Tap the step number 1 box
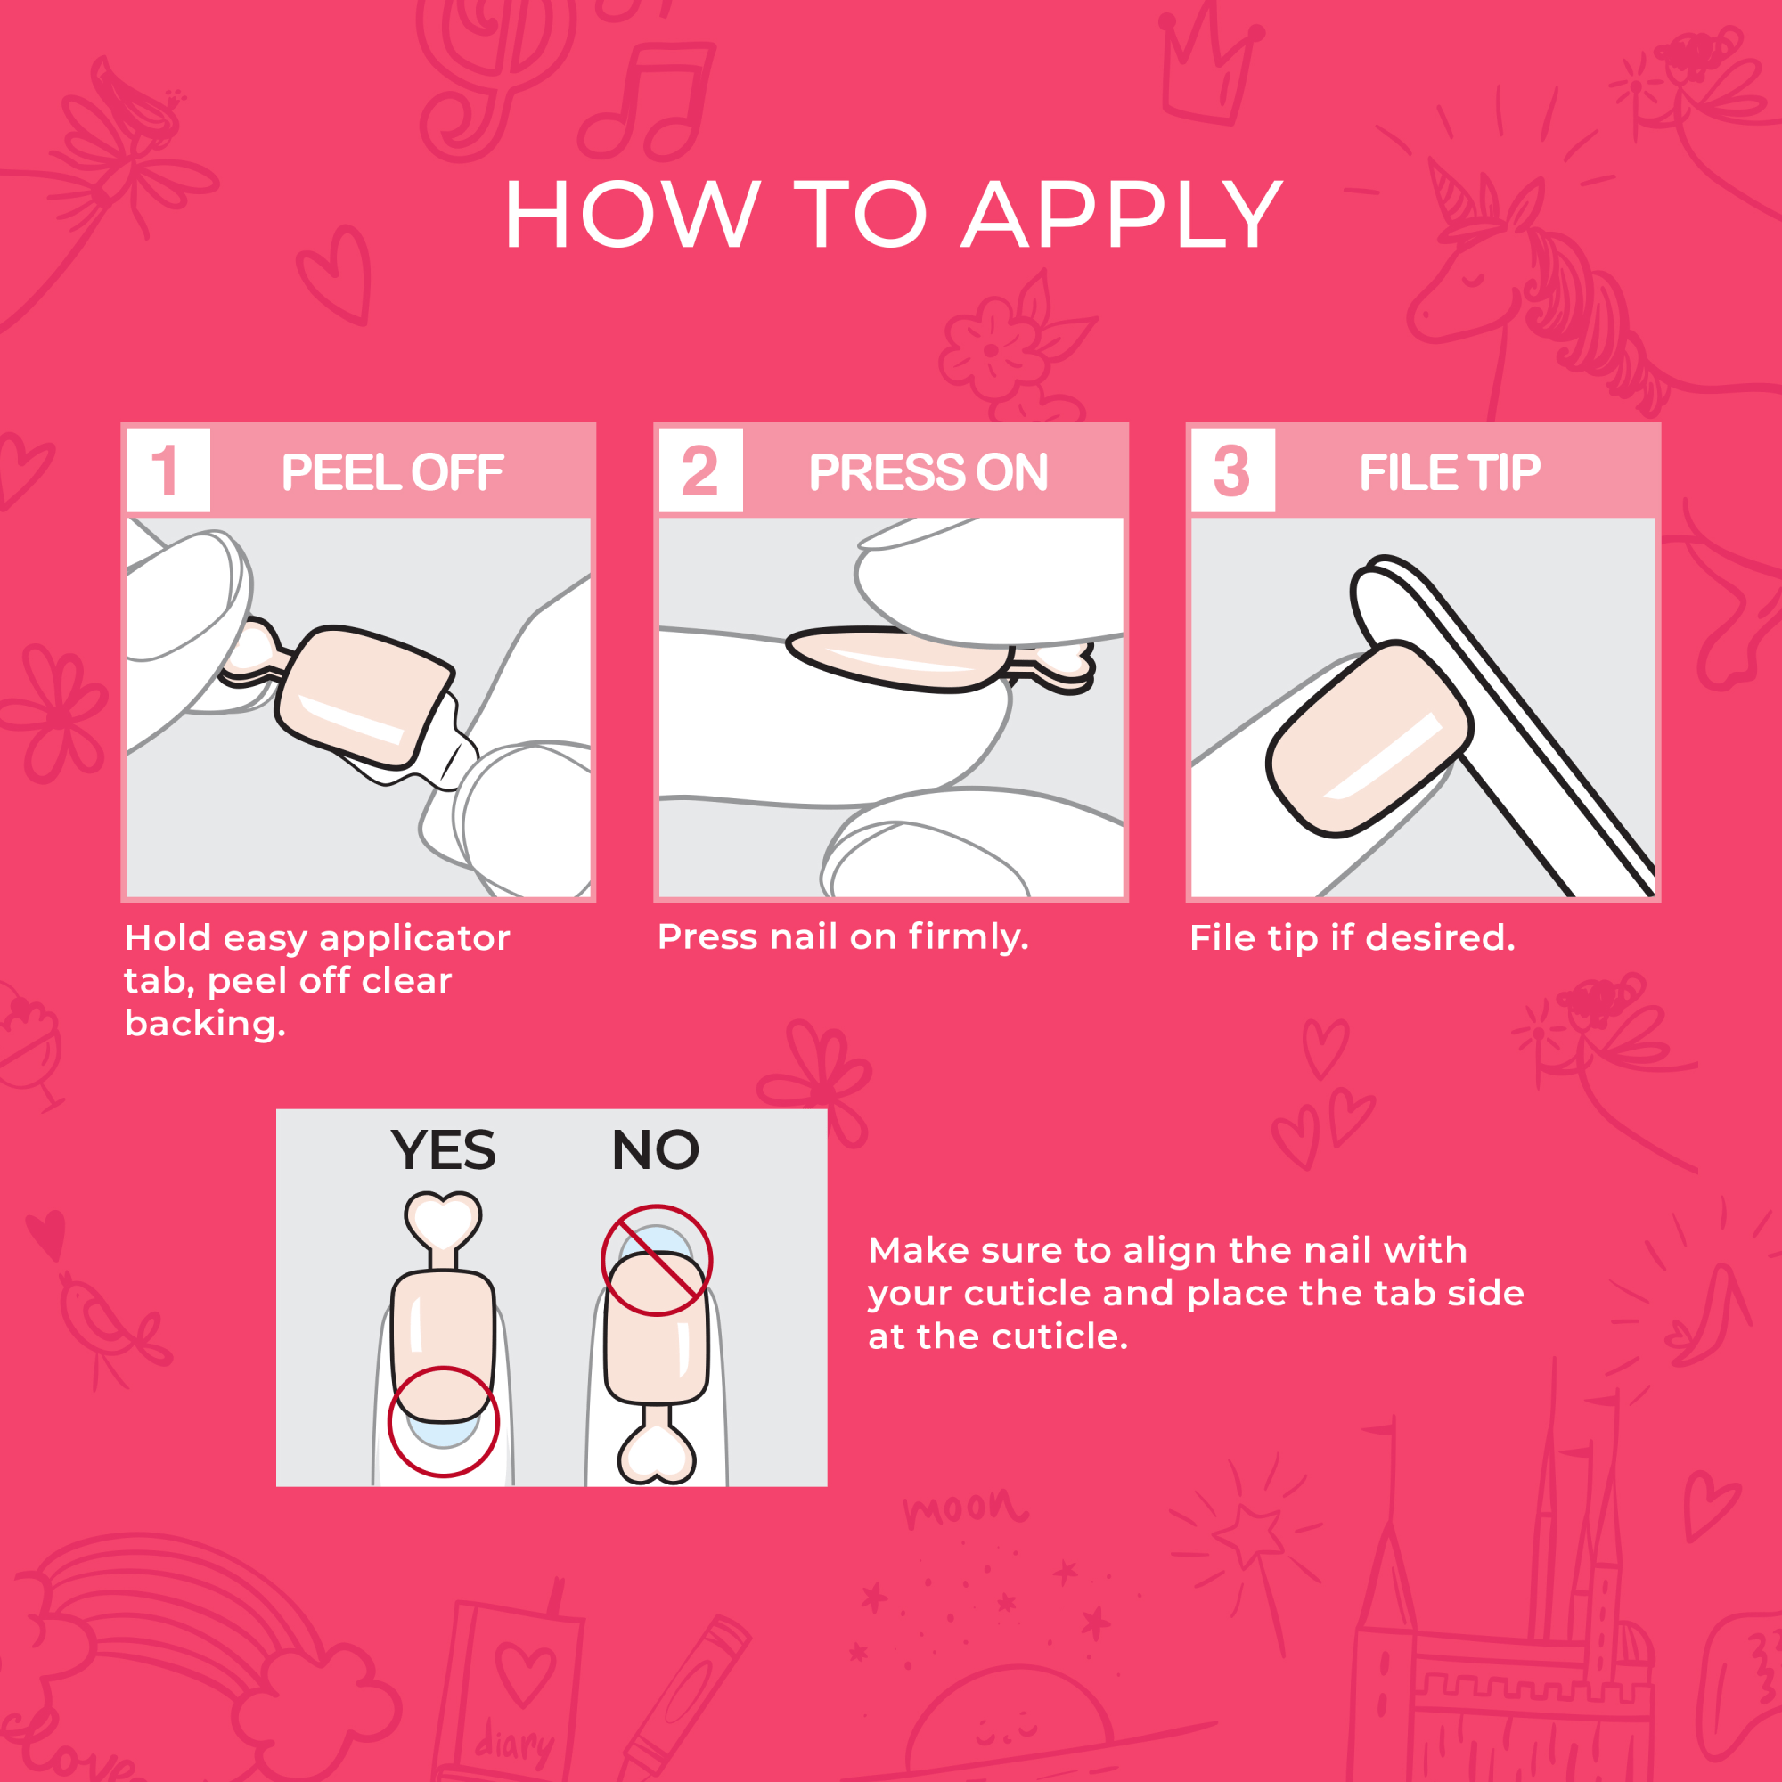167,470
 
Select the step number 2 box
700,470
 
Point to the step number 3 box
1232,470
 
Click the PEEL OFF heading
392,472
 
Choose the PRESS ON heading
928,472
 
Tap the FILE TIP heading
1449,472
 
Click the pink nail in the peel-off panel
364,693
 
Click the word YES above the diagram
443,1149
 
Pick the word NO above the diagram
655,1149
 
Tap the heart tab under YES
443,1222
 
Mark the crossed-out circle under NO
656,1259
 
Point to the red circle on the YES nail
443,1420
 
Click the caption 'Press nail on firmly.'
842,937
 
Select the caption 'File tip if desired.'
1352,938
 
